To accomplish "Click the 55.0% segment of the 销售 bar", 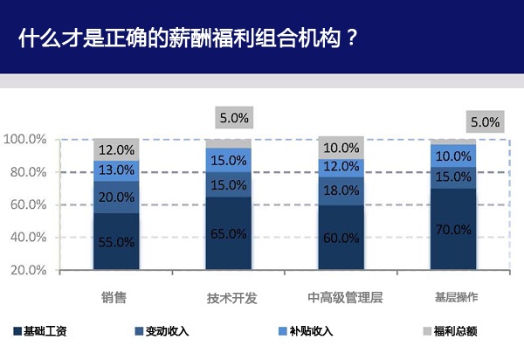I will [116, 241].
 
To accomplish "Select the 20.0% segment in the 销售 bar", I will [116, 197].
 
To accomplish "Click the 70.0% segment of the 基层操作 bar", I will [452, 230].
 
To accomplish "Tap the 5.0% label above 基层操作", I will [485, 121].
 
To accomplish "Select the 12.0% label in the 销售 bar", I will [116, 149].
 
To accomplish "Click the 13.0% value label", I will [116, 170].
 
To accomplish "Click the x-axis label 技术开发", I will [231, 297].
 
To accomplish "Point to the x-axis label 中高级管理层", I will [341, 297].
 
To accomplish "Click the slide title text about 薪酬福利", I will [187, 39].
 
